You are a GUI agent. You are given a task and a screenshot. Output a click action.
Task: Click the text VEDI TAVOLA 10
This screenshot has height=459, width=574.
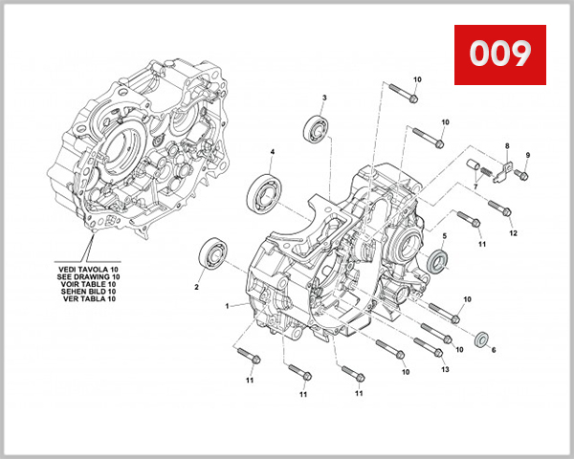click(x=86, y=270)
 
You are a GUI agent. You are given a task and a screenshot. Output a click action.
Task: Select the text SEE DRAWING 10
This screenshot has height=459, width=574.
click(x=86, y=277)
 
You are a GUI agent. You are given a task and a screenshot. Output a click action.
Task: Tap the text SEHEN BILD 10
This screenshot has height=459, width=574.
click(x=86, y=293)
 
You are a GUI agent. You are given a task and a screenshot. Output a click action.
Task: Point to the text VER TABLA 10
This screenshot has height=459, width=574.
click(x=86, y=300)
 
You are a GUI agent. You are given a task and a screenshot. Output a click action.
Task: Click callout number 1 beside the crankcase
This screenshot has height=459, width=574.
click(x=228, y=306)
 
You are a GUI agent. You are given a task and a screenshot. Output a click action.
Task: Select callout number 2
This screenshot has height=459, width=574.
click(x=196, y=286)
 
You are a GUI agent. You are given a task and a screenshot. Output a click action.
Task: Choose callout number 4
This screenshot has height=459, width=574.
click(x=272, y=152)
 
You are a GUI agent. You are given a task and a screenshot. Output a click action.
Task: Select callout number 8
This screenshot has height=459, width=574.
click(x=507, y=145)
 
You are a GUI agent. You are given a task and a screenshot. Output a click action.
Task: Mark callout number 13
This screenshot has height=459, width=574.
click(x=444, y=370)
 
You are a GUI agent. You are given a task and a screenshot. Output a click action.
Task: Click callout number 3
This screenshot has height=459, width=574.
click(x=324, y=98)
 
